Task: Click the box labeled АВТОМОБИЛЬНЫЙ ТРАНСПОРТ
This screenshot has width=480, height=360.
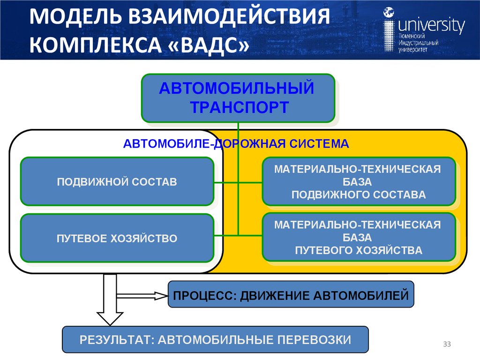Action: click(x=238, y=97)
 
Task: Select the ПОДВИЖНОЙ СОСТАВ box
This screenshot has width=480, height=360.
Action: click(x=117, y=181)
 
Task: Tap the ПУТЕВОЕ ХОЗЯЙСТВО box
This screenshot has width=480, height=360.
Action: click(x=117, y=238)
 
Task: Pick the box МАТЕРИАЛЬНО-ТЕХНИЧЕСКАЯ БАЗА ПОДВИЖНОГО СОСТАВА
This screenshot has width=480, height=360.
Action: click(x=359, y=181)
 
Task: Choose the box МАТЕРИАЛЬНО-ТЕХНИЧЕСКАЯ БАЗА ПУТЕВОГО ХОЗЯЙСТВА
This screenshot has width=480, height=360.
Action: click(x=359, y=237)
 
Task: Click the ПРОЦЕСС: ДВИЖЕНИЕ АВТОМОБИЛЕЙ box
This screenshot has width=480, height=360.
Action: click(x=291, y=295)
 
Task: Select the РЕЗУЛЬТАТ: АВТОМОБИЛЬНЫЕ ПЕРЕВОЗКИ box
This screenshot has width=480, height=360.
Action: click(x=215, y=339)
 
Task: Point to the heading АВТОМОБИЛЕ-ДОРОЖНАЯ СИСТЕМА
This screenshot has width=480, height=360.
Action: click(x=236, y=143)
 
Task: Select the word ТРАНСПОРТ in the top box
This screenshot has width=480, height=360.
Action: click(x=239, y=107)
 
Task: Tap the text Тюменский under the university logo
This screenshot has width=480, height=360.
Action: click(x=412, y=36)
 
